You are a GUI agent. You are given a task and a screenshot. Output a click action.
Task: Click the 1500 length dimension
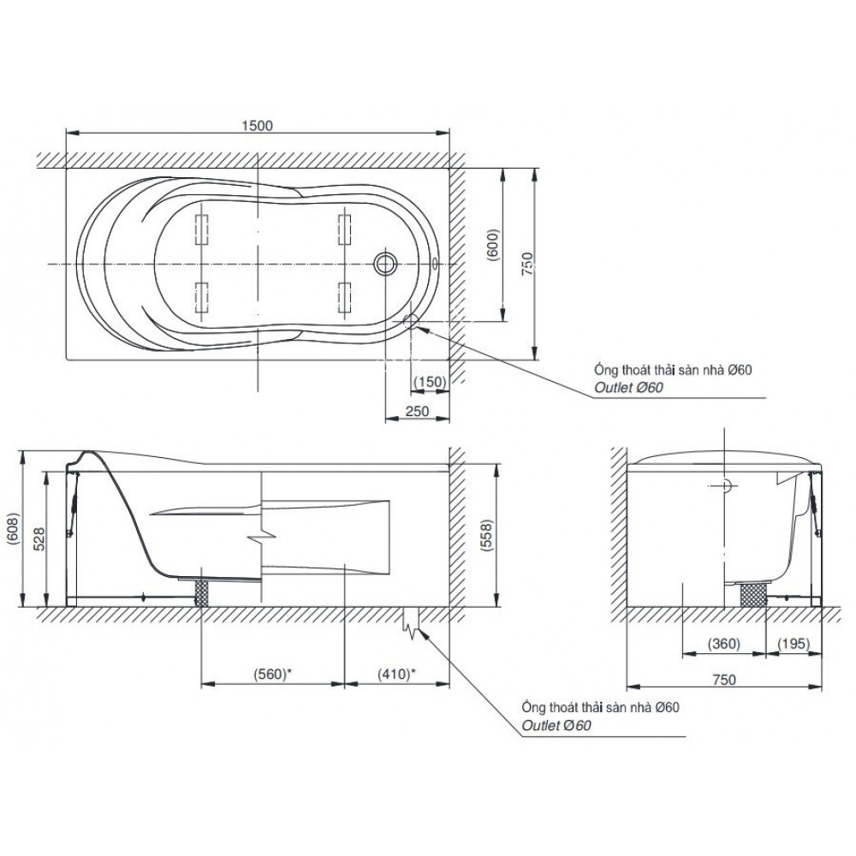point(257,125)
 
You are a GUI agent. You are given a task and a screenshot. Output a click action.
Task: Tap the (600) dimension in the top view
point(493,245)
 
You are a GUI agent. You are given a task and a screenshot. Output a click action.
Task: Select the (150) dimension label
point(430,382)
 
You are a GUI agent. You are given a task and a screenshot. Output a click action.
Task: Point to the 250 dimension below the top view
point(418,411)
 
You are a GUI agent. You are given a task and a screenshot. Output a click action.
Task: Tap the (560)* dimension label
point(272,674)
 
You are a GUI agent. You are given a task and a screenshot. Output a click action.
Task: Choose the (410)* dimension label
point(397,674)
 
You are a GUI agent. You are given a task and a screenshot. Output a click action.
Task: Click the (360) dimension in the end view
point(724,644)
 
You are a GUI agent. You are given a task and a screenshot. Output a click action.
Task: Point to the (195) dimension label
point(794,644)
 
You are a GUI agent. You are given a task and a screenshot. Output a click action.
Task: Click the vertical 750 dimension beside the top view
point(527,264)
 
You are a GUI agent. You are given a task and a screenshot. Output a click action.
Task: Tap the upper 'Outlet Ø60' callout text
point(629,387)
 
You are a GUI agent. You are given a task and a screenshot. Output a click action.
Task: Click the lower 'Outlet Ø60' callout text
point(556,725)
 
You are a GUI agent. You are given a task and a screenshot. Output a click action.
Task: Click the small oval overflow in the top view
point(435,264)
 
